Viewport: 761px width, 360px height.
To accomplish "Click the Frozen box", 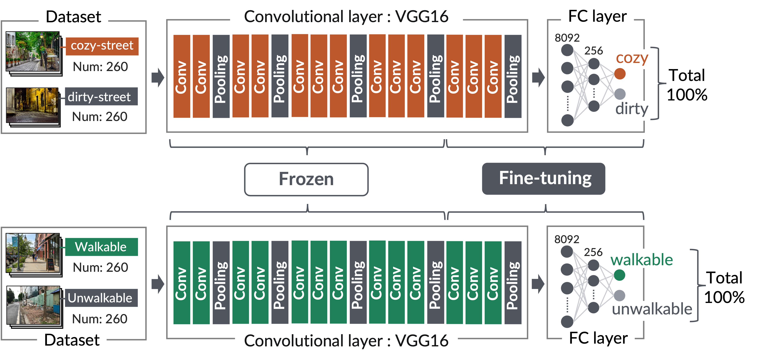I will tap(306, 179).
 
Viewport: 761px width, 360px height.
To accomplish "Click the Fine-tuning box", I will tap(543, 179).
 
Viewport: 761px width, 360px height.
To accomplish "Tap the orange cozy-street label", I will tap(102, 46).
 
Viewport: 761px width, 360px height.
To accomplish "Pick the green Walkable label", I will tap(101, 247).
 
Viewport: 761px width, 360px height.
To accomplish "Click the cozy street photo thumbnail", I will tap(33, 52).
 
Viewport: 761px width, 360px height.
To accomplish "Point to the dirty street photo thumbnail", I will tap(33, 105).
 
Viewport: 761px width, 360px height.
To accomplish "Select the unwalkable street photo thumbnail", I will tap(33, 305).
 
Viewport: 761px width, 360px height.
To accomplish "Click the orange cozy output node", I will tap(620, 74).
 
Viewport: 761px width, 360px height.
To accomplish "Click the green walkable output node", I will tap(619, 275).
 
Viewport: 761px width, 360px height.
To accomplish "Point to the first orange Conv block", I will tap(182, 76).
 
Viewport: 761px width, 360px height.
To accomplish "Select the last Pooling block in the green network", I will tap(513, 283).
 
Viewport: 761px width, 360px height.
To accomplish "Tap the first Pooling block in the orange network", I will tap(221, 76).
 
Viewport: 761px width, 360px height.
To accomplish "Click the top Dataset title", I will tap(73, 17).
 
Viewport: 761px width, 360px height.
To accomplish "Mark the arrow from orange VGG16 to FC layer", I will tap(538, 77).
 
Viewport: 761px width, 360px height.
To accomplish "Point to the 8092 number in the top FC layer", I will tap(567, 38).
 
